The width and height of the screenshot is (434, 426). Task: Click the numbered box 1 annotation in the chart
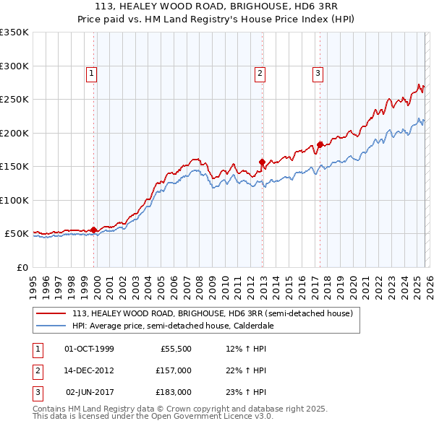click(x=93, y=73)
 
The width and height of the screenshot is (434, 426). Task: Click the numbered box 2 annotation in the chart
click(x=259, y=73)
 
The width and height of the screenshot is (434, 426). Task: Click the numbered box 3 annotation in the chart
click(x=318, y=73)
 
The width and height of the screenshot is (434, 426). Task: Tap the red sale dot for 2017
click(x=319, y=144)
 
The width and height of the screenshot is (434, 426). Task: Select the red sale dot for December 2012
click(x=263, y=162)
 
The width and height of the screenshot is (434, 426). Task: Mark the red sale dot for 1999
click(x=94, y=230)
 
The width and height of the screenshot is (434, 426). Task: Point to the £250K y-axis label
click(x=14, y=100)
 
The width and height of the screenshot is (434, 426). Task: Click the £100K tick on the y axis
click(x=14, y=200)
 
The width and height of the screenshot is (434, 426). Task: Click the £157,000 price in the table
click(x=174, y=370)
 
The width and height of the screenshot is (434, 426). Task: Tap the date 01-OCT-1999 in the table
click(x=89, y=349)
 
